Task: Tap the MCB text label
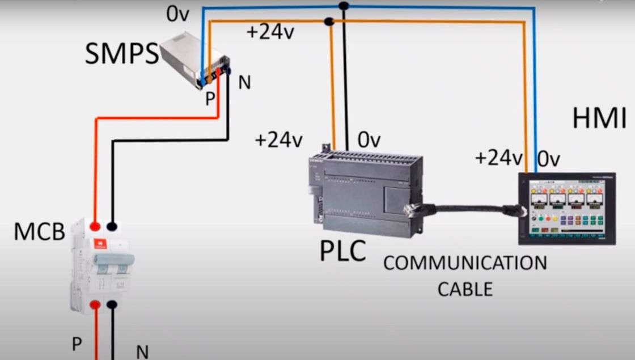39,232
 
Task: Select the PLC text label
342,252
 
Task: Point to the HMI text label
599,120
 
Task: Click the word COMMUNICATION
465,263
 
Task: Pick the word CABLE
465,289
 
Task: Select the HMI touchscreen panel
566,208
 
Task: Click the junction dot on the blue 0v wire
342,6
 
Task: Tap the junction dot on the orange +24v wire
328,22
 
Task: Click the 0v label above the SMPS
177,14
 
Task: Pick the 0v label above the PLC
369,139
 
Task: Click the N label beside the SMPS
244,83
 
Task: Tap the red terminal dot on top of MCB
95,226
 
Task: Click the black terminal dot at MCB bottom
112,305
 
